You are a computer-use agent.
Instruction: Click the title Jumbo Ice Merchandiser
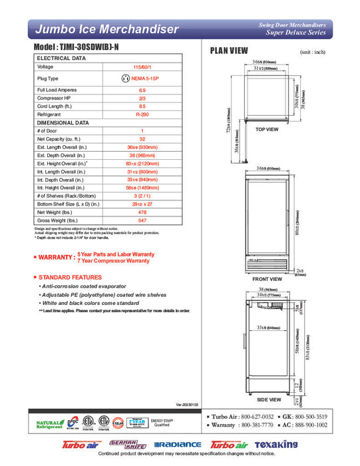(106, 29)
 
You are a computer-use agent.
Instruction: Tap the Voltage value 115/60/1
(142, 67)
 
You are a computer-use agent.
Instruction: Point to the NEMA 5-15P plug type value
(142, 78)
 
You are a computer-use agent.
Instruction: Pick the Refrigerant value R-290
(142, 114)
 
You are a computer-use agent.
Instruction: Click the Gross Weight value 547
(142, 220)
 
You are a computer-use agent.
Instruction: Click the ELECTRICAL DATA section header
(61, 58)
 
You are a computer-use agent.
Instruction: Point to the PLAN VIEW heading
(229, 51)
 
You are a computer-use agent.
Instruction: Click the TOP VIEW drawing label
(267, 130)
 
